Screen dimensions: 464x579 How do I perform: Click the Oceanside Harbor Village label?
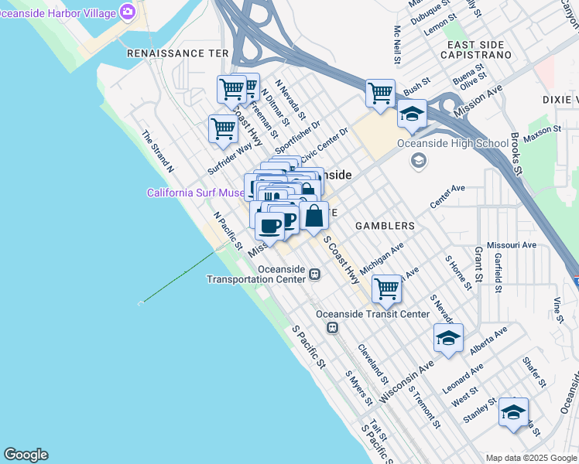tap(59, 12)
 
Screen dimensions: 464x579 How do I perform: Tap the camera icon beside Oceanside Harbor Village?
tap(128, 12)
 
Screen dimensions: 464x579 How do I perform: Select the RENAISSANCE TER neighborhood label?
tap(178, 53)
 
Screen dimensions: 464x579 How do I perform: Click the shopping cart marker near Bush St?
tap(380, 94)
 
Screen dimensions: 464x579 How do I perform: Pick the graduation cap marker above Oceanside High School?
tap(412, 114)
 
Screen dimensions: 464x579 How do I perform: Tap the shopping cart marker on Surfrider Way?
tap(223, 128)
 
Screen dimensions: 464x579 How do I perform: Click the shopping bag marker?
tap(313, 216)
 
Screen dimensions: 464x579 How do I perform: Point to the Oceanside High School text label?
tap(453, 143)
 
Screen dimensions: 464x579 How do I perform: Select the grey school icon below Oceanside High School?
tap(419, 160)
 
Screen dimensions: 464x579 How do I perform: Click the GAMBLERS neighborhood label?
tap(385, 226)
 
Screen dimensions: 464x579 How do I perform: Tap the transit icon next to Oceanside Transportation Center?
tap(314, 274)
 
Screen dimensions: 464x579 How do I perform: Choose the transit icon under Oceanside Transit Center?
tap(332, 328)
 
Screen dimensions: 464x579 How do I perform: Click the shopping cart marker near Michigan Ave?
tap(386, 290)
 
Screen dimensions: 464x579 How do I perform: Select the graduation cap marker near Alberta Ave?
tap(448, 338)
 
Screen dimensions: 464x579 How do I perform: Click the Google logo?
tap(26, 455)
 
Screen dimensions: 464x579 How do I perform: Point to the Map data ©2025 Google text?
tap(530, 458)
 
